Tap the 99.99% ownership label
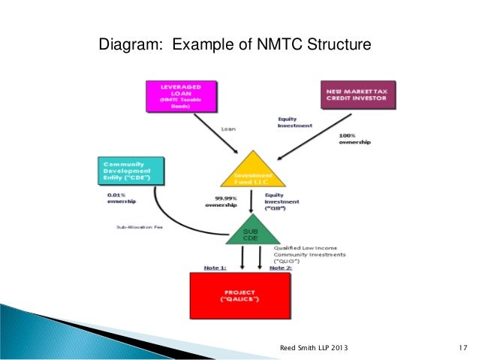click(222, 201)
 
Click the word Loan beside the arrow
click(228, 129)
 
